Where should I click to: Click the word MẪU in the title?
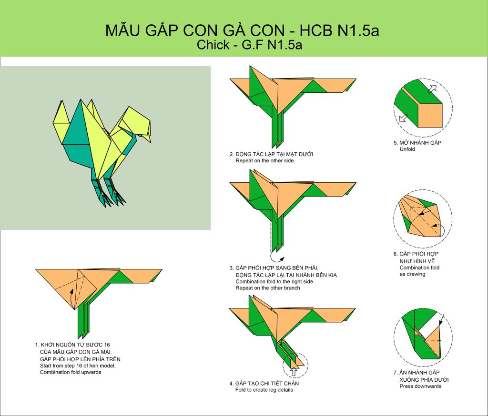[x=122, y=30]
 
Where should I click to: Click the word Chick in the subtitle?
[x=213, y=45]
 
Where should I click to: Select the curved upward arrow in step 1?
[x=71, y=298]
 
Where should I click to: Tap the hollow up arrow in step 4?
[x=294, y=372]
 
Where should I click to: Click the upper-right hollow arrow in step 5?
[x=432, y=89]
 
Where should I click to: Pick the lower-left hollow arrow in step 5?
[x=404, y=118]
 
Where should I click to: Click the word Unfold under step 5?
[x=407, y=149]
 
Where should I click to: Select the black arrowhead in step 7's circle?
[x=440, y=324]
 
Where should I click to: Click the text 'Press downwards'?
[x=420, y=386]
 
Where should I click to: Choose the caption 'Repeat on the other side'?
[x=264, y=161]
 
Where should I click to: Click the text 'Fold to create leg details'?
[x=264, y=390]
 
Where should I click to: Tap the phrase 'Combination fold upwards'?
[x=71, y=372]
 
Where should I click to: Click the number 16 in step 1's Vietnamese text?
[x=107, y=345]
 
